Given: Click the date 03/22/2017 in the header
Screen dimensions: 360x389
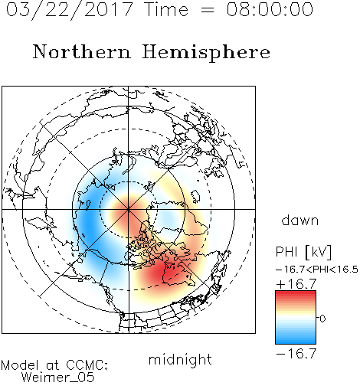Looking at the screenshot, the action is pyautogui.click(x=69, y=10).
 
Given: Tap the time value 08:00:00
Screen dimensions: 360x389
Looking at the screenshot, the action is pyautogui.click(x=270, y=9).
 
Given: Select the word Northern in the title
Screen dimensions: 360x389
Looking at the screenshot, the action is pyautogui.click(x=82, y=51).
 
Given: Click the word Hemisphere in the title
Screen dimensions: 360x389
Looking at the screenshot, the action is pyautogui.click(x=206, y=52).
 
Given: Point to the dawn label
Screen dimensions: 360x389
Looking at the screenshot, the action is pyautogui.click(x=300, y=220).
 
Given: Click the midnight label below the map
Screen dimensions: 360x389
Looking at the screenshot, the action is pyautogui.click(x=180, y=360).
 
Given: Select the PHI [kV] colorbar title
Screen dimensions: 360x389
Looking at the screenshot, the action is pyautogui.click(x=303, y=252).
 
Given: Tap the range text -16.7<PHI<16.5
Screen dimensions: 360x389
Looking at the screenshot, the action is pyautogui.click(x=317, y=270).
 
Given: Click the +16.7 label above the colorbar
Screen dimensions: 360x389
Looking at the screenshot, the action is pyautogui.click(x=296, y=284).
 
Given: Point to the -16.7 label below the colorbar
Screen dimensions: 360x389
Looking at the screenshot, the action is pyautogui.click(x=296, y=354).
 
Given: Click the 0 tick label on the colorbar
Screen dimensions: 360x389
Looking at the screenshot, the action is pyautogui.click(x=322, y=319).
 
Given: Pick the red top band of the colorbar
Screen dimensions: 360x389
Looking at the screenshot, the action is pyautogui.click(x=296, y=294).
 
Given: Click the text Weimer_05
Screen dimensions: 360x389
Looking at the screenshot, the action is pyautogui.click(x=58, y=378).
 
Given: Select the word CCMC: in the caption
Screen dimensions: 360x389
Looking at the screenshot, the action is pyautogui.click(x=87, y=365).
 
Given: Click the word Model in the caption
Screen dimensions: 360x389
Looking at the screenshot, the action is pyautogui.click(x=20, y=365).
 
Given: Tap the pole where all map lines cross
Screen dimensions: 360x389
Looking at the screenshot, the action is pyautogui.click(x=129, y=209).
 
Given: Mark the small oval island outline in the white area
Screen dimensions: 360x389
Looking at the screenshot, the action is pyautogui.click(x=195, y=196).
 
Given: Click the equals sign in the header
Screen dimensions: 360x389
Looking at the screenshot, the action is pyautogui.click(x=208, y=10).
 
